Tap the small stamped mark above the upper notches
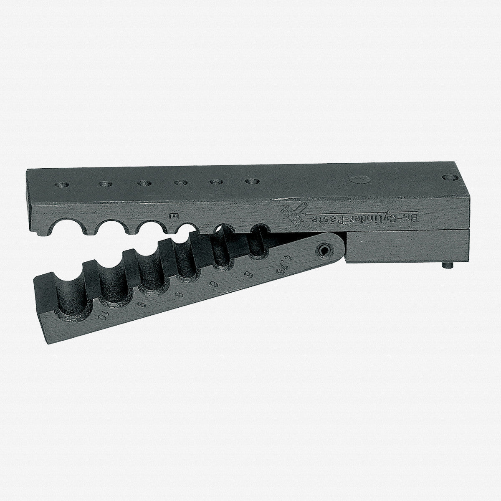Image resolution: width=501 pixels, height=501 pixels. (175, 215)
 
